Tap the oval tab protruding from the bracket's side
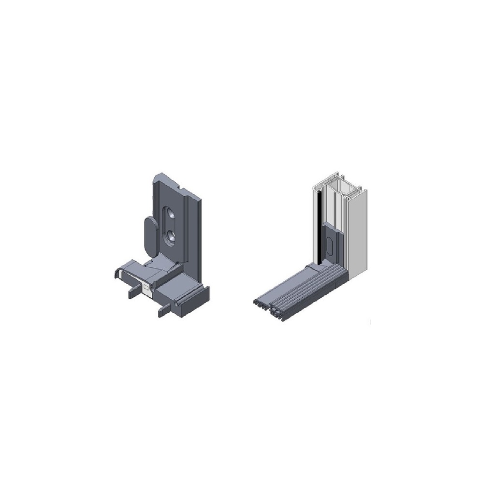point(150,235)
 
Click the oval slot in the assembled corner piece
point(330,247)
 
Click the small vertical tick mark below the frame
point(370,321)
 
